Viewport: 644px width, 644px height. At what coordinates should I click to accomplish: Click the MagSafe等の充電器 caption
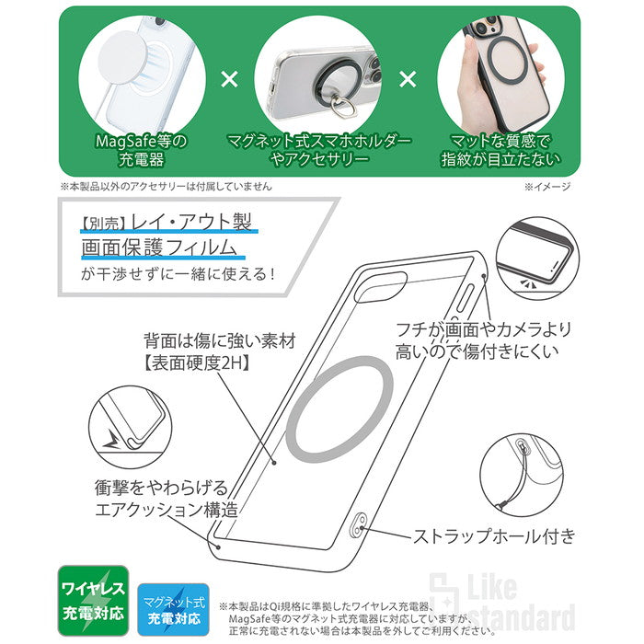click(x=142, y=150)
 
